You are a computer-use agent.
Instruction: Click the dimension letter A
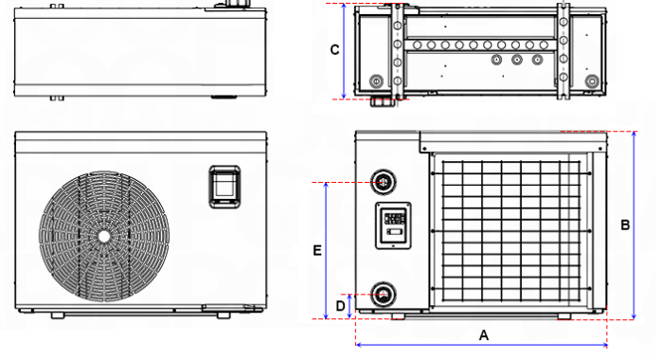tap(484, 335)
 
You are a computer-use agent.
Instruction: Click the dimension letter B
tap(625, 225)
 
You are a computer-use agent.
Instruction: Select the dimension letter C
tap(334, 50)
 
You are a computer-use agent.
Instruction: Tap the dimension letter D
tap(340, 305)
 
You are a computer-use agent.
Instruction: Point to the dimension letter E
tap(317, 250)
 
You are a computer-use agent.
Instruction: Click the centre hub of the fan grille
tap(103, 237)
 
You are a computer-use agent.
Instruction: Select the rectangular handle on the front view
tap(225, 187)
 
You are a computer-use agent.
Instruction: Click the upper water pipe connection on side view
tap(383, 182)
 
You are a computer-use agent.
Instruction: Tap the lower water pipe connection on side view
tap(383, 295)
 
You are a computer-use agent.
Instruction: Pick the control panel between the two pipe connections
tap(393, 225)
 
